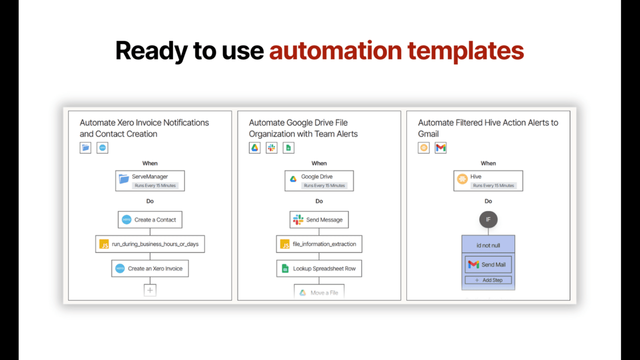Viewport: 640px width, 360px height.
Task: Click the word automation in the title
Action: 336,50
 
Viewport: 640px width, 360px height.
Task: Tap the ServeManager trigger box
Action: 150,181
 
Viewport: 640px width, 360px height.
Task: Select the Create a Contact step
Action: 150,220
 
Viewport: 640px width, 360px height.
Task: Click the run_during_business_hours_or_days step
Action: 150,244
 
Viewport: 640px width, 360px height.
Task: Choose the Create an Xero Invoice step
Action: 150,268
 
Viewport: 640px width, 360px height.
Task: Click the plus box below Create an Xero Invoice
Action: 150,290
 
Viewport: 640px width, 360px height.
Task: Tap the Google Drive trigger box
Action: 319,181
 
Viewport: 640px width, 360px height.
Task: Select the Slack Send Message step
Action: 319,220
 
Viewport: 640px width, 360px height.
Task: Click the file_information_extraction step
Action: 319,244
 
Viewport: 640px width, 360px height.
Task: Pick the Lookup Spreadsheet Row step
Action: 319,268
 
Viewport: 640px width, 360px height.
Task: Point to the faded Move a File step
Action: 319,292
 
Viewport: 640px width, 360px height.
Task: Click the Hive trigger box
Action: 488,181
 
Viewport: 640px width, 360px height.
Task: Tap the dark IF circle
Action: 488,220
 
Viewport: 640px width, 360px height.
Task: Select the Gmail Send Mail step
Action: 488,264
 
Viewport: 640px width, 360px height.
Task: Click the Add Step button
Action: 488,280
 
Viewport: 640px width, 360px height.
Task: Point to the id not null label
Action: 488,246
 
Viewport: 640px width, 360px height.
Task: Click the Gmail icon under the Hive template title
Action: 440,148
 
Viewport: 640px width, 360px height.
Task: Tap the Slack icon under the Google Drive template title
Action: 272,148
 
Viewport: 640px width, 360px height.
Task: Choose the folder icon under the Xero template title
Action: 86,148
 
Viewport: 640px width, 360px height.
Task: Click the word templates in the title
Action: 466,51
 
